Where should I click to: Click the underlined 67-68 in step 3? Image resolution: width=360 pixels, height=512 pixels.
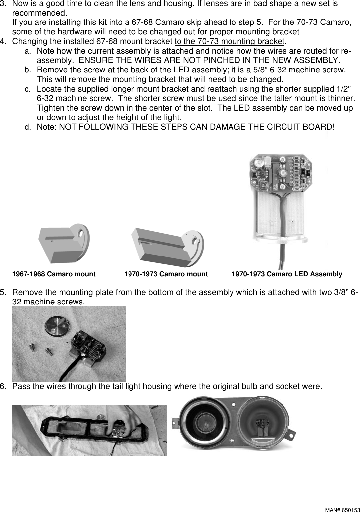pos(142,23)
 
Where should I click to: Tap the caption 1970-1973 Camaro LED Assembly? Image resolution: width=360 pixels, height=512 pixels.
pos(287,274)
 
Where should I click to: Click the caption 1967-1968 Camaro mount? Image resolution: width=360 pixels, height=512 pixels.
pos(54,274)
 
